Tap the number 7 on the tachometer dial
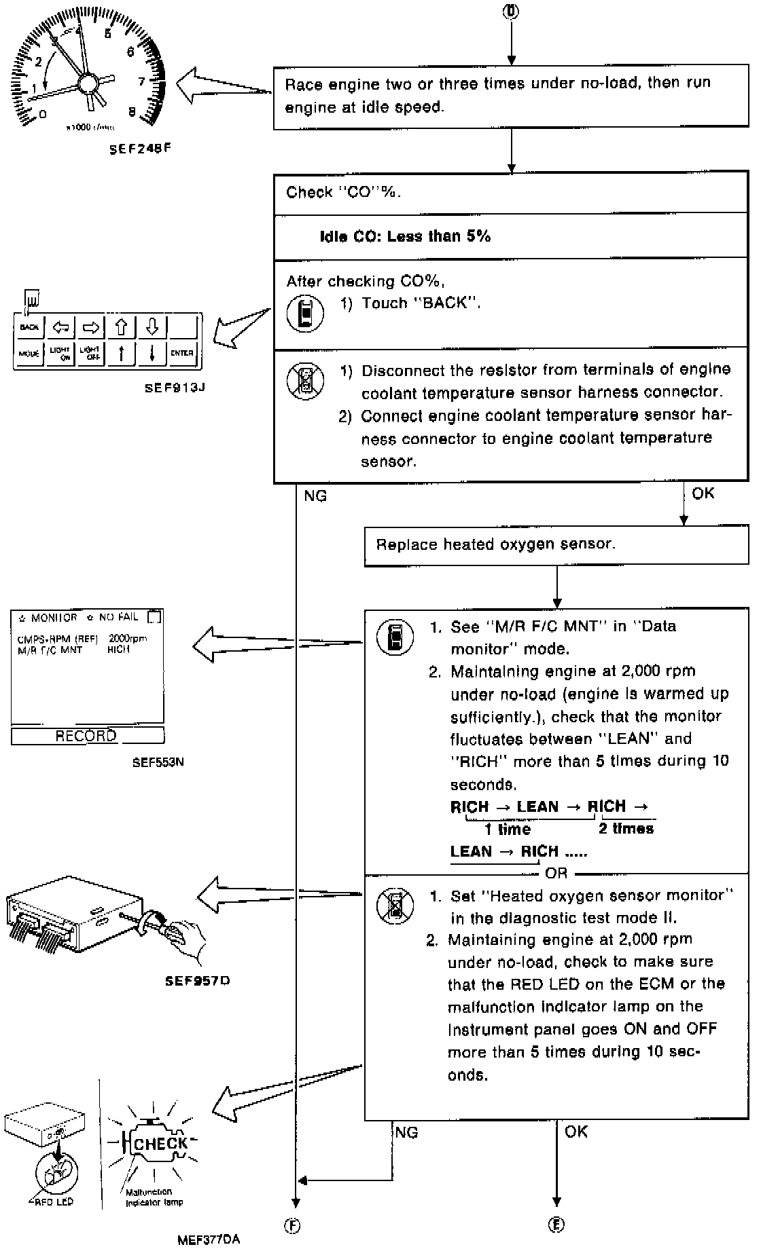142,82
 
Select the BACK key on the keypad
30,328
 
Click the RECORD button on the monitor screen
86,736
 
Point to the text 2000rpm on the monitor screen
128,639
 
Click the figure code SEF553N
158,762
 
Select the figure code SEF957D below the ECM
197,981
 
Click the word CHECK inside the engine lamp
160,1144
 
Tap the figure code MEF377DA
209,1239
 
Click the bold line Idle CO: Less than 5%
405,236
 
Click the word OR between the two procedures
556,874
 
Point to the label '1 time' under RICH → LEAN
508,829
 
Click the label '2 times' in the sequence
626,829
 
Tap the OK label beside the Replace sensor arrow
703,493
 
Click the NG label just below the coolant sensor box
315,496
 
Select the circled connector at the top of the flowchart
511,12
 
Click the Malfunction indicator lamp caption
154,1197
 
